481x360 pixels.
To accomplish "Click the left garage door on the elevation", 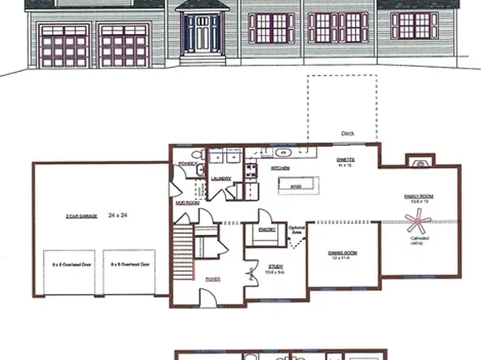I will coord(64,47).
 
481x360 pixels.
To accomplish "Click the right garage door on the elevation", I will coord(123,47).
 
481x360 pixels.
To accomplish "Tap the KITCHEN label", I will coord(280,169).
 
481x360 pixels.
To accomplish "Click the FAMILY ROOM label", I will coord(418,196).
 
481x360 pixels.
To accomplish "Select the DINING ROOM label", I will coord(342,254).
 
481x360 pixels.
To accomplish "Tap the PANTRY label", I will coord(267,228).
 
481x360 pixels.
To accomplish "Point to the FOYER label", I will coord(212,278).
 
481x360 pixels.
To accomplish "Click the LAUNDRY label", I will coord(221,178).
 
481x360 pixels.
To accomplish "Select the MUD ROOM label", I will coord(186,203).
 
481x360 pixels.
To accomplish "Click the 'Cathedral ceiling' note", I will coord(419,241).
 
